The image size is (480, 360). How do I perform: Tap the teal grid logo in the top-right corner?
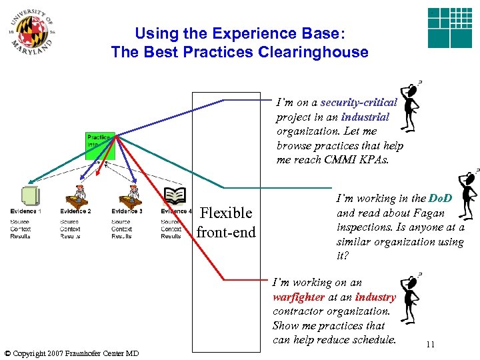(x=449, y=28)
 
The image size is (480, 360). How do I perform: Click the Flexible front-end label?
(x=226, y=222)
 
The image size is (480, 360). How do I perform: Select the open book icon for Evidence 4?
(x=175, y=195)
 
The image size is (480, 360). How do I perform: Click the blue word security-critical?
(x=359, y=103)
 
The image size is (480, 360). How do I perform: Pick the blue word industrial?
(x=365, y=117)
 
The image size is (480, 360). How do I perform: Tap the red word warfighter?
(x=299, y=297)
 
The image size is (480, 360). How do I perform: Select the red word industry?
(x=375, y=297)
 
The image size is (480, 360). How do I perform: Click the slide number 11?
(x=430, y=345)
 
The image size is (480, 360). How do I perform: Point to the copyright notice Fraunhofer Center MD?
(x=71, y=353)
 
